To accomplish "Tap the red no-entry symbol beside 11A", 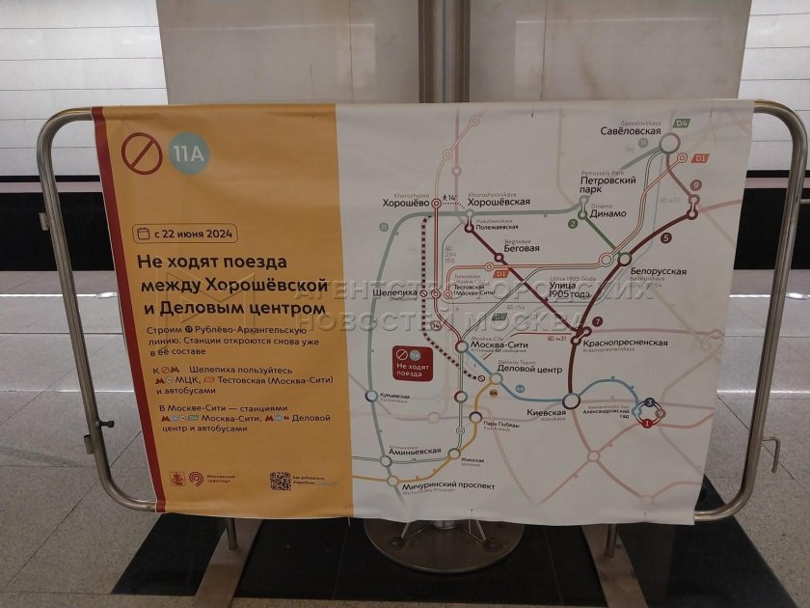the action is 142,152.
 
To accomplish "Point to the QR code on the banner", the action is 280,480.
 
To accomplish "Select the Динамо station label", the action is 607,213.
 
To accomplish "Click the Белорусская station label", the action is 658,272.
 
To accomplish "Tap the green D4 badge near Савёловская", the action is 681,124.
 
